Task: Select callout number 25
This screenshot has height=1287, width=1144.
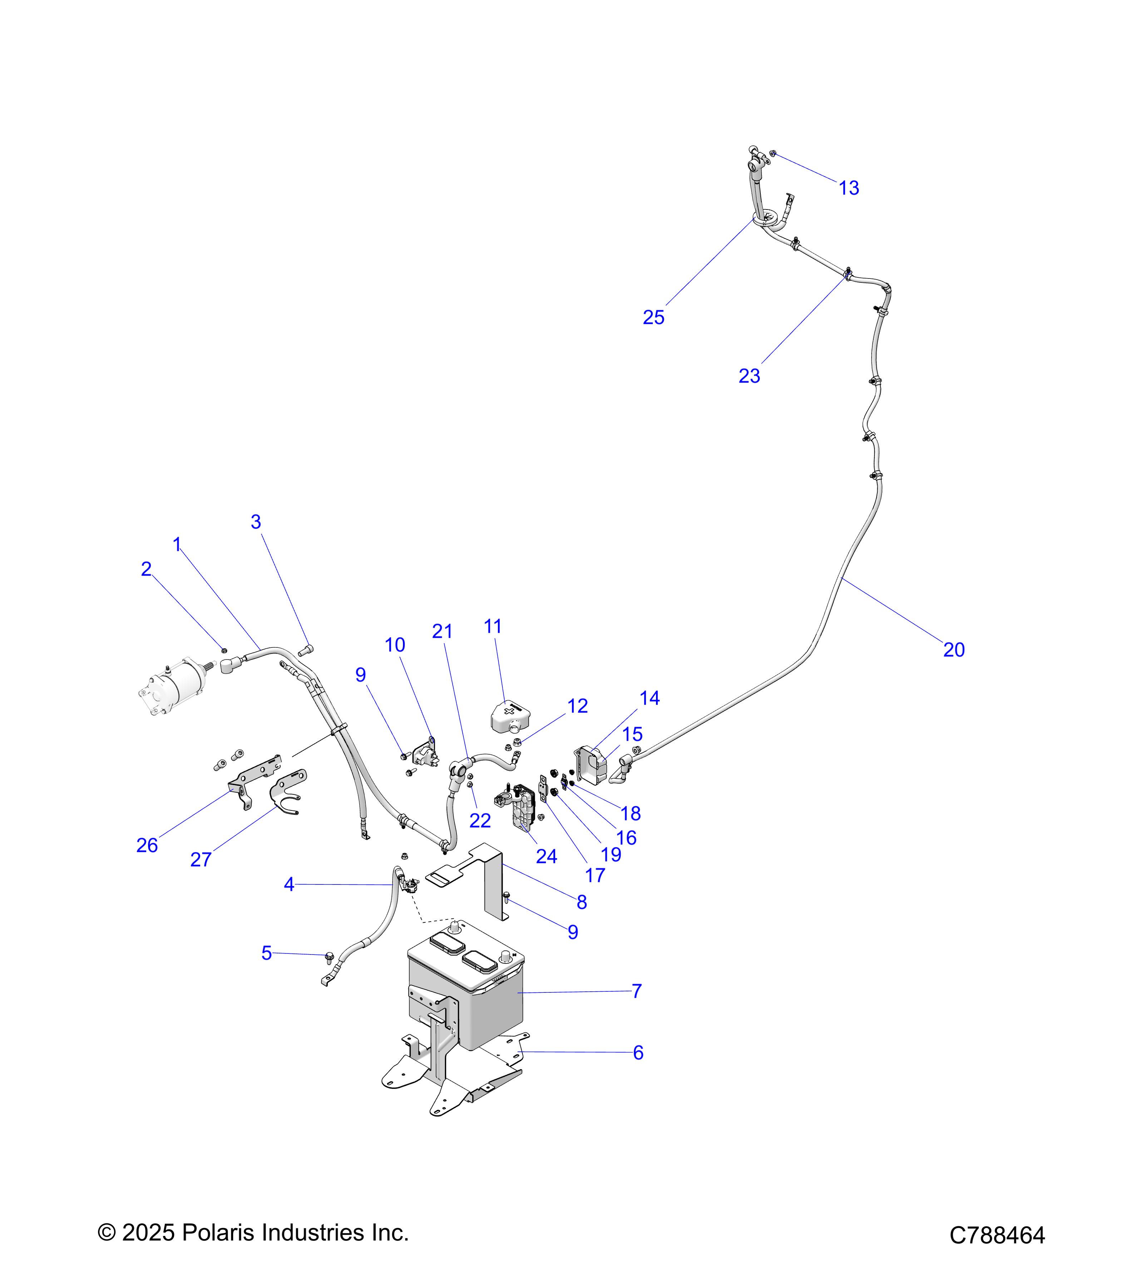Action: pyautogui.click(x=654, y=317)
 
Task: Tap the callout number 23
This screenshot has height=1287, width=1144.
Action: pyautogui.click(x=749, y=376)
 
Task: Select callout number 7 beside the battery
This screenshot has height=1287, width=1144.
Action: pyautogui.click(x=637, y=991)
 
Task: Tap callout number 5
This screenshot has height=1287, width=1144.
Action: pyautogui.click(x=266, y=953)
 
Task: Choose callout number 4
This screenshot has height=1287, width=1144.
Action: pyautogui.click(x=289, y=885)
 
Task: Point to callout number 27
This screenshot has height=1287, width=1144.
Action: pyautogui.click(x=201, y=859)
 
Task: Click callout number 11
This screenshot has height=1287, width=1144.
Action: pyautogui.click(x=492, y=626)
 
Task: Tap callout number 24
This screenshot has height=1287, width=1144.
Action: pyautogui.click(x=546, y=856)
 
